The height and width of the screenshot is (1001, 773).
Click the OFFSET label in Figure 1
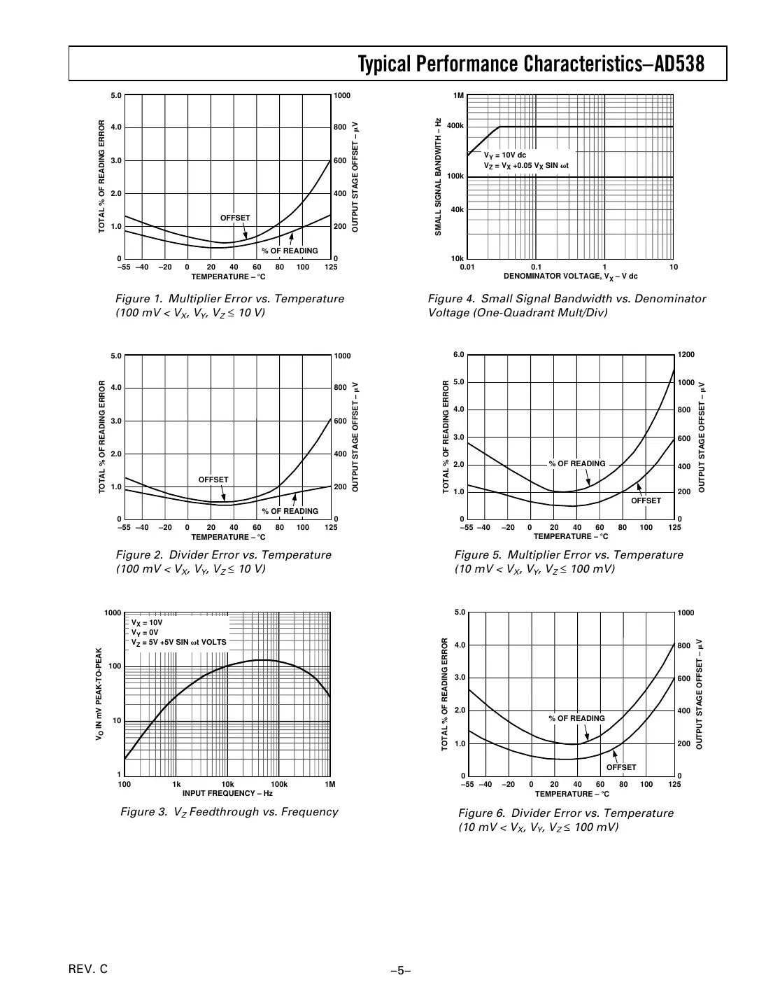coord(235,218)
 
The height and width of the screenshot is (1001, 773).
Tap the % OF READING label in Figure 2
coord(290,511)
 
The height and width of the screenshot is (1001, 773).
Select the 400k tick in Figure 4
coord(455,126)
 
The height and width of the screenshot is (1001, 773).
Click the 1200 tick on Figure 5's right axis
coord(687,355)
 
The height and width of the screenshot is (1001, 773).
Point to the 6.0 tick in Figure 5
coord(459,355)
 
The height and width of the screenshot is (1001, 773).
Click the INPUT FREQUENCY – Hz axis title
coord(227,793)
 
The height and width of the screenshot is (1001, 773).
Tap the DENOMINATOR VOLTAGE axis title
coord(570,276)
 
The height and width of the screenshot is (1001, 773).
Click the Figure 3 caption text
coord(229,812)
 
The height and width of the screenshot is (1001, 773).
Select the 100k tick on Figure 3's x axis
coord(279,784)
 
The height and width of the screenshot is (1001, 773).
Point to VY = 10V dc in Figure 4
coord(505,155)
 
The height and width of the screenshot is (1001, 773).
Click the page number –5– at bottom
coord(400,970)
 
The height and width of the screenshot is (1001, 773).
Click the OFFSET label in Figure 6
coord(621,767)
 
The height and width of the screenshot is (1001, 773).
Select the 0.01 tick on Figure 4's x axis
coord(467,267)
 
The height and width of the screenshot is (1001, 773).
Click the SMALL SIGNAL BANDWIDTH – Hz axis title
coord(438,176)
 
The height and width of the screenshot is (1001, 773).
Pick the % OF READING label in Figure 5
coord(577,463)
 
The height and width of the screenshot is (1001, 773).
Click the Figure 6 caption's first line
coord(565,813)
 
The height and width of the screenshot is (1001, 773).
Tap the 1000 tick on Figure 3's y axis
coord(113,613)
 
